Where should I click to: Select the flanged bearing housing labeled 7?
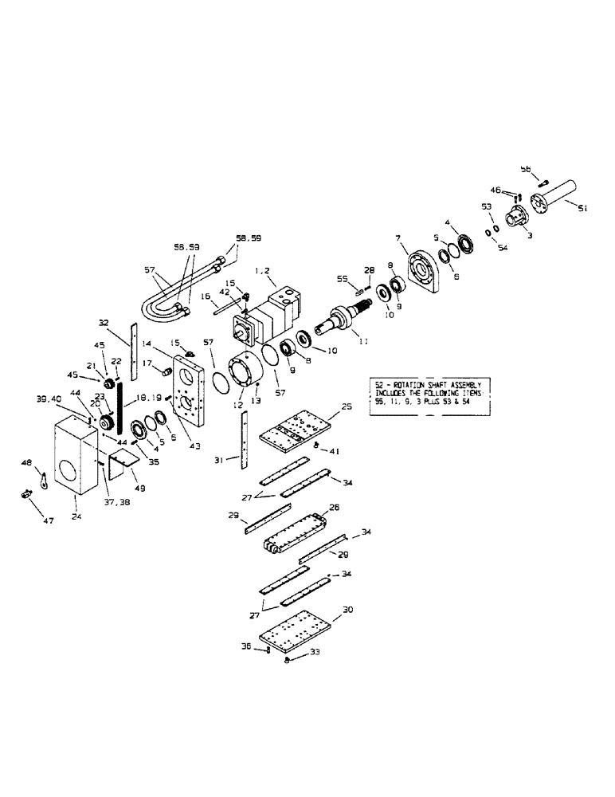tap(421, 273)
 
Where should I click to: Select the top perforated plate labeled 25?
tap(292, 429)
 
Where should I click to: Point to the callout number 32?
tap(103, 323)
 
